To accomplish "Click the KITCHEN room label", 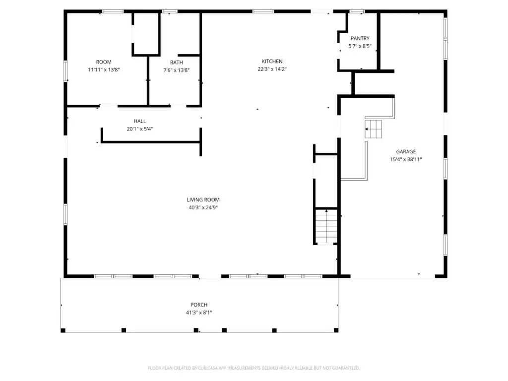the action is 272,61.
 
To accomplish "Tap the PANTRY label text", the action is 360,38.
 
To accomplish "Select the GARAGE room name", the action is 406,151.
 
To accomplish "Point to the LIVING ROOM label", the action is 203,199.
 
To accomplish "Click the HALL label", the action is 139,121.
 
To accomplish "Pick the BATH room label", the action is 176,62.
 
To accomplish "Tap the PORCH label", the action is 199,305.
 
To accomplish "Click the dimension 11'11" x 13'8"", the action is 104,69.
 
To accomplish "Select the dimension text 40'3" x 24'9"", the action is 203,207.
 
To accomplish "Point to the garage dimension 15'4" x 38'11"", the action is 406,159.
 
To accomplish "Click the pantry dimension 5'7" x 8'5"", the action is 360,46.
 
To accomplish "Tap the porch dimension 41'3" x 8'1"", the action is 199,313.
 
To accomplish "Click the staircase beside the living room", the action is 326,226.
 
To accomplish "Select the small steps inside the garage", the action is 373,129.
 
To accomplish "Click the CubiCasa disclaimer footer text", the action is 254,368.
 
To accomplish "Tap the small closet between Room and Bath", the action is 146,33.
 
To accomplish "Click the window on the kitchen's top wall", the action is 263,11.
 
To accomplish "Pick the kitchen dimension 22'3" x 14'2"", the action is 272,69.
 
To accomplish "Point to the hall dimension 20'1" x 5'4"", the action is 139,128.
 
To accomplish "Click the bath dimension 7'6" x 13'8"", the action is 176,70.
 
